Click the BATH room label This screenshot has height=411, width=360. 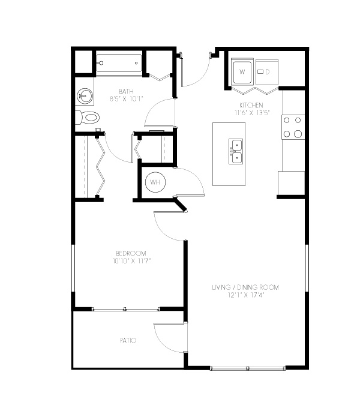point(126,91)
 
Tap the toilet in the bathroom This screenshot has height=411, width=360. point(88,118)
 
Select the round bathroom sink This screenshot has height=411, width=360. point(85,95)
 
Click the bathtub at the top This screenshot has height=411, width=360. point(119,63)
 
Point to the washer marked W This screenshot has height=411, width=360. point(242,72)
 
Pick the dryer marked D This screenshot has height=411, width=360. point(267,72)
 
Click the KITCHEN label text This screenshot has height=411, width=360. point(251,105)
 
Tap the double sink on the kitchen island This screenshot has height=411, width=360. point(235,152)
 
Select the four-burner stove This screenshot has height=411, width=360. point(293,127)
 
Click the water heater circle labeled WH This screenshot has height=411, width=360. point(155,182)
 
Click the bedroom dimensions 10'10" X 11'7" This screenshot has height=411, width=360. point(132,261)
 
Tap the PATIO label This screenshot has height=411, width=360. point(128,340)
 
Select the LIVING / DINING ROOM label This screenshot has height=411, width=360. point(245,287)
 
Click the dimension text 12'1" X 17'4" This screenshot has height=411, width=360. point(245,295)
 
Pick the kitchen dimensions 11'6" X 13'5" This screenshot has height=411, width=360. point(252,113)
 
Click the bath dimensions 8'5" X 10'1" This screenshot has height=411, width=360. point(127,99)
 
